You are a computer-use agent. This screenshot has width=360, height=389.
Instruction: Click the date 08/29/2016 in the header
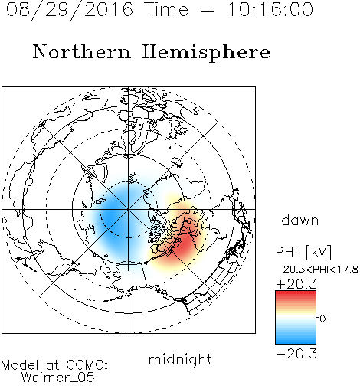click(70, 10)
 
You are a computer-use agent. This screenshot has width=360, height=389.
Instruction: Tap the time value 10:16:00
click(270, 9)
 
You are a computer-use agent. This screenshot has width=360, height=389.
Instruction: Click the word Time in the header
click(166, 9)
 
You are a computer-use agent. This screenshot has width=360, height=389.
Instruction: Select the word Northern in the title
click(81, 51)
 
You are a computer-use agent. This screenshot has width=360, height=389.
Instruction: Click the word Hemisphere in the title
click(206, 53)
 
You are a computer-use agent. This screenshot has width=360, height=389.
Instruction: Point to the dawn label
click(300, 220)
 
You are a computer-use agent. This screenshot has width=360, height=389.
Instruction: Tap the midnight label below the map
click(180, 359)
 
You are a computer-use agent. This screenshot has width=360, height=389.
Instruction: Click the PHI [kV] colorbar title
click(303, 252)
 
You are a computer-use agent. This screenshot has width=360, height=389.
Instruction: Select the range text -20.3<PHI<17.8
click(316, 270)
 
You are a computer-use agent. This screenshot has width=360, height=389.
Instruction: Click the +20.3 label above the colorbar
click(296, 284)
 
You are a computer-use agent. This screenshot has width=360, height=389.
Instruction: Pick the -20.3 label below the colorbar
click(296, 354)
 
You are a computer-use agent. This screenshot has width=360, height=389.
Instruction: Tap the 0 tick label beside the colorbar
click(322, 319)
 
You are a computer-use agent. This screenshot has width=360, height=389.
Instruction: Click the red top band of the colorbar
click(296, 295)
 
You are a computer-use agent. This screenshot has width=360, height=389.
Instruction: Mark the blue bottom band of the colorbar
click(296, 340)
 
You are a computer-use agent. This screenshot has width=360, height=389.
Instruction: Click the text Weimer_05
click(57, 378)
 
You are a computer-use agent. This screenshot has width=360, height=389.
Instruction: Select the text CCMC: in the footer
click(87, 365)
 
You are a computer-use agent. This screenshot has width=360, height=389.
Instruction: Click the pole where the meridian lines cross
click(129, 209)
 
